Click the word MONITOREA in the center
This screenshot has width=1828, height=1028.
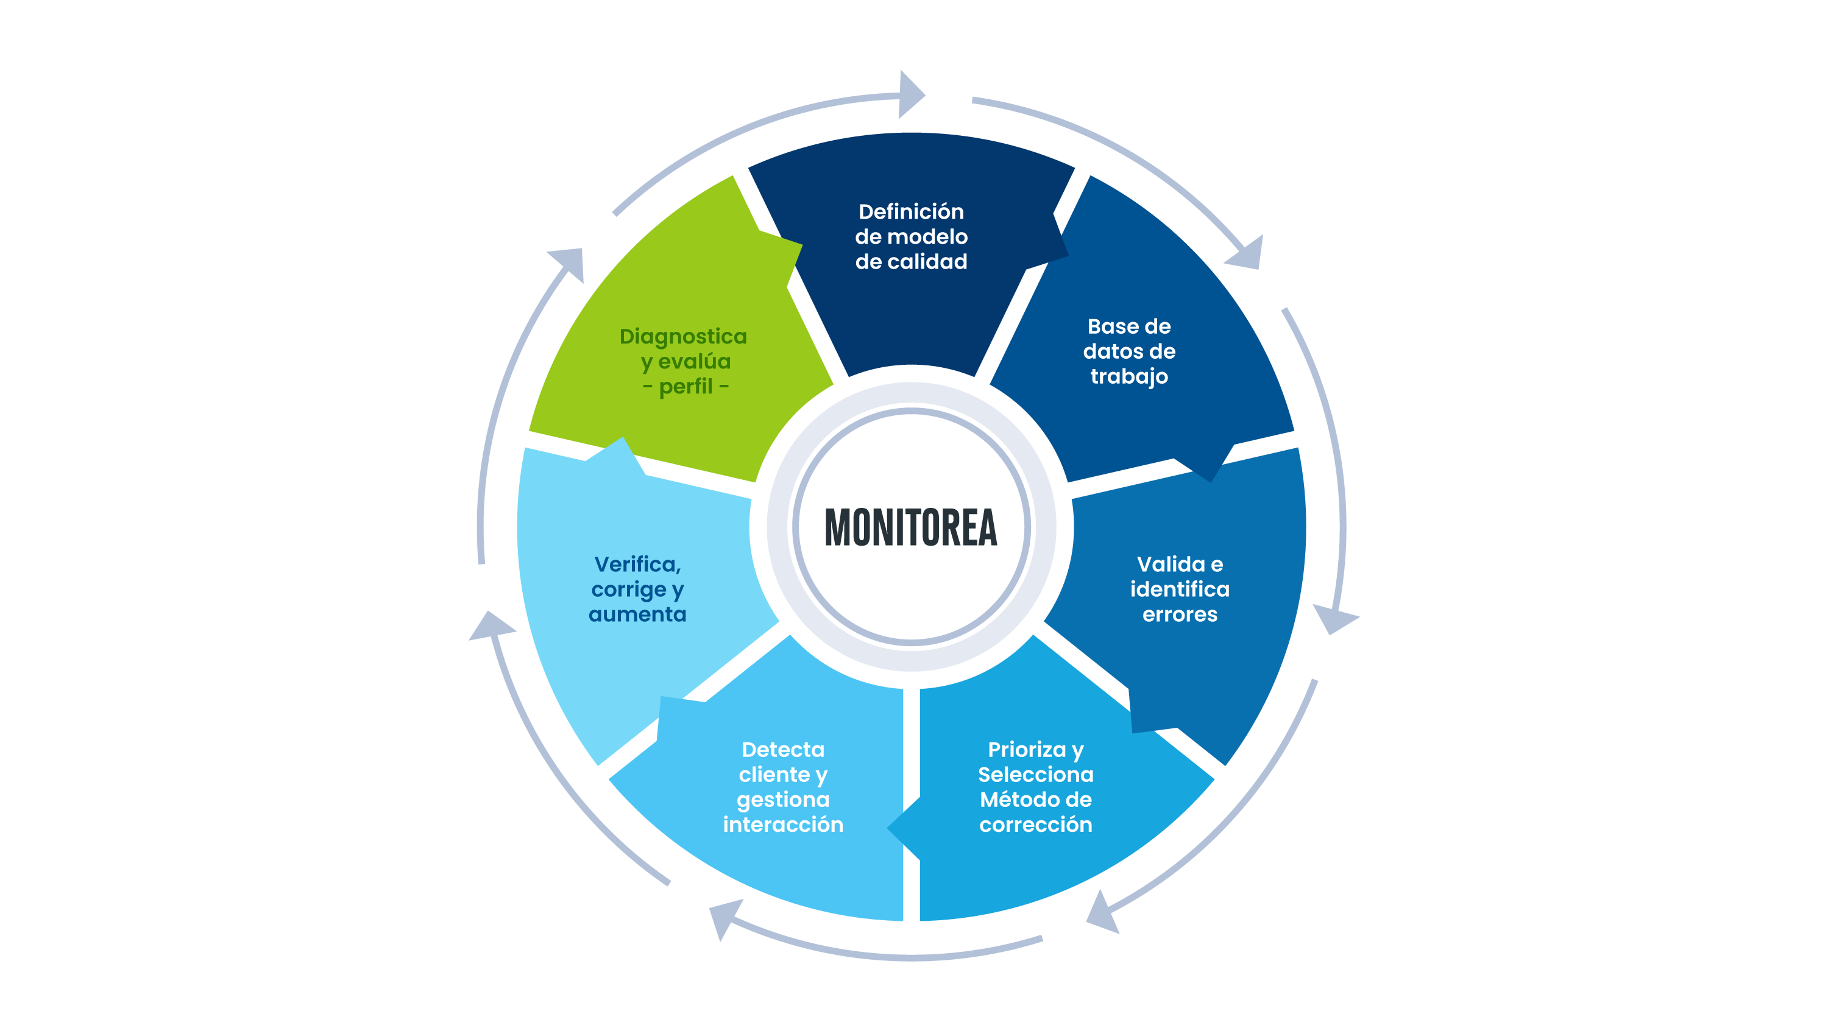pyautogui.click(x=910, y=527)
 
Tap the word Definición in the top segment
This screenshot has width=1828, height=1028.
pyautogui.click(x=910, y=211)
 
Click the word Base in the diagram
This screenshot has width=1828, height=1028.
pyautogui.click(x=1108, y=326)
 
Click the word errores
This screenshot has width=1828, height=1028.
pyautogui.click(x=1180, y=614)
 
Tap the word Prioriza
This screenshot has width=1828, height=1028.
pyautogui.click(x=1026, y=749)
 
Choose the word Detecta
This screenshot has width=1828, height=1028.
pyautogui.click(x=783, y=749)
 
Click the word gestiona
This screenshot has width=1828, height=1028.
pyautogui.click(x=783, y=800)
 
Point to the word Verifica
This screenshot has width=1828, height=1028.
pyautogui.click(x=637, y=564)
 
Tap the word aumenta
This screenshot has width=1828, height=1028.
pyautogui.click(x=637, y=614)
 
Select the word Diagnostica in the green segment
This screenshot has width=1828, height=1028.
pyautogui.click(x=682, y=336)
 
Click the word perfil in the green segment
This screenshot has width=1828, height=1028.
pyautogui.click(x=685, y=387)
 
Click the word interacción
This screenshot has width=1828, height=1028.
pyautogui.click(x=783, y=825)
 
